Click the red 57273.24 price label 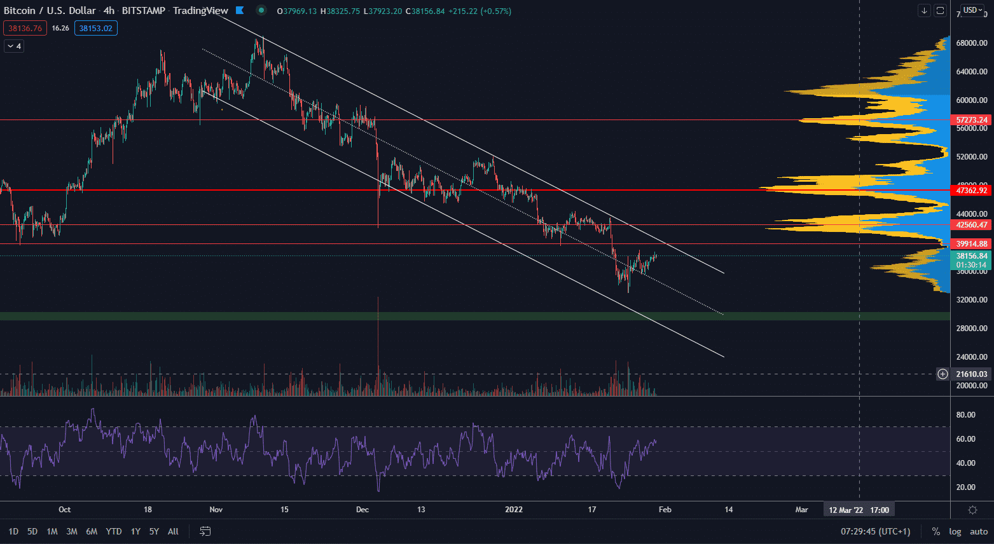click(x=972, y=120)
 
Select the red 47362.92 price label click(x=972, y=191)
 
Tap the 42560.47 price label click(x=972, y=225)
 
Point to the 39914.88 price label click(x=972, y=244)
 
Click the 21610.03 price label click(x=971, y=374)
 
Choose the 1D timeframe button click(x=13, y=531)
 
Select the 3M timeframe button click(x=72, y=531)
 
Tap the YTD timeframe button click(x=114, y=531)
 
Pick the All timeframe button click(x=173, y=531)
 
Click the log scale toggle click(x=955, y=531)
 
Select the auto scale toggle click(x=979, y=531)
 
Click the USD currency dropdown click(x=972, y=10)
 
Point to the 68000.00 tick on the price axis click(x=972, y=43)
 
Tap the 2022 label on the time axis click(x=514, y=510)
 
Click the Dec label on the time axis click(x=362, y=510)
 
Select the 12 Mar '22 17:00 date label click(x=859, y=510)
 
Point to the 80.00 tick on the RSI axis click(x=965, y=415)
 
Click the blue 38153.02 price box click(x=96, y=28)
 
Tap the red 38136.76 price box click(x=25, y=28)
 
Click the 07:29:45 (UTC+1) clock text click(x=876, y=531)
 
